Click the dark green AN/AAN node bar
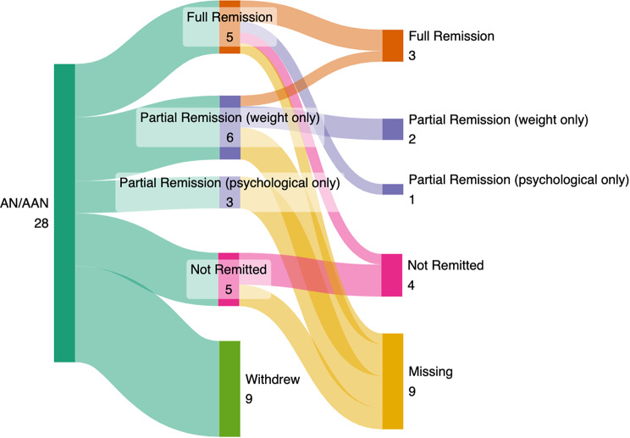(64, 213)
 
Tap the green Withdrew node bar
(229, 389)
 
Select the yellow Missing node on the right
(393, 381)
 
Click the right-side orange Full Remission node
(393, 46)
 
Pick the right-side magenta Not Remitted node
(392, 275)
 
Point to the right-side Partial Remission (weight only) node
(393, 130)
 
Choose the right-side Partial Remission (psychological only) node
(393, 189)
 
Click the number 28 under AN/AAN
(41, 223)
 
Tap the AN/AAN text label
(24, 203)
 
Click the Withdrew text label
(273, 379)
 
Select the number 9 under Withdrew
(249, 399)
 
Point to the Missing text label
(431, 371)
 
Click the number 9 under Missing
(412, 391)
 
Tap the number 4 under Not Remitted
(412, 286)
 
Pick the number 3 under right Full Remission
(412, 55)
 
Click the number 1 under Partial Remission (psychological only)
(412, 199)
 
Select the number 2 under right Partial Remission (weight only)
(412, 139)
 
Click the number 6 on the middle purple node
(229, 137)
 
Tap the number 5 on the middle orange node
(229, 37)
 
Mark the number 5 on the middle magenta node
(229, 290)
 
